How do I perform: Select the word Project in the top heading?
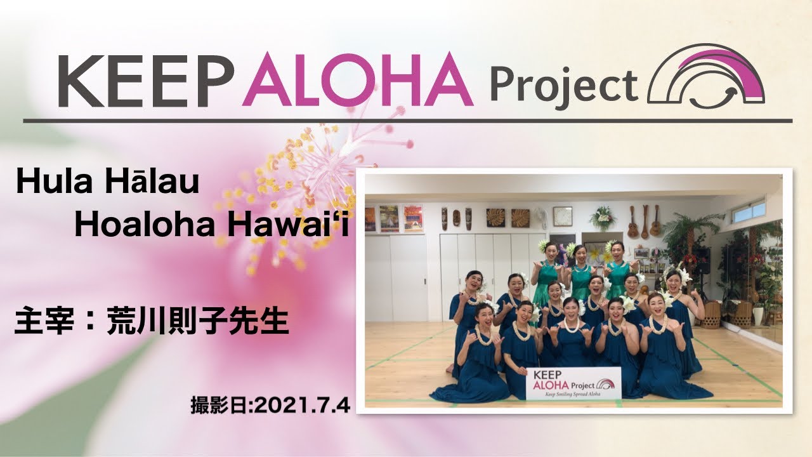(563, 84)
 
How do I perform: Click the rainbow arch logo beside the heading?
(705, 77)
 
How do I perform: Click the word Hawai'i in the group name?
(281, 225)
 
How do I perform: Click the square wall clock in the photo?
(562, 216)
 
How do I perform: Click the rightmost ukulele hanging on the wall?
(656, 221)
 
